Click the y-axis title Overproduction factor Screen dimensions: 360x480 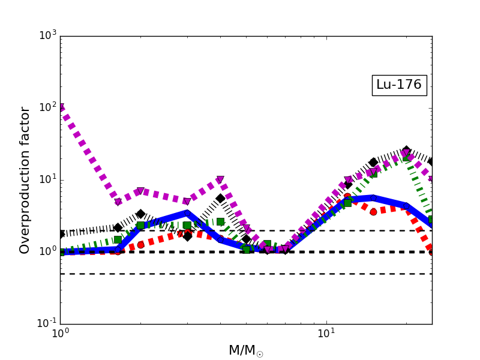click(x=25, y=180)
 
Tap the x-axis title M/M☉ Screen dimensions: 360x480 click(x=246, y=350)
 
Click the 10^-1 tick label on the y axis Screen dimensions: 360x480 click(x=47, y=324)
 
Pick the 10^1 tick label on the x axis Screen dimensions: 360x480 click(x=326, y=334)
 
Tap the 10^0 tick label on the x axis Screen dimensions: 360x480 click(x=60, y=334)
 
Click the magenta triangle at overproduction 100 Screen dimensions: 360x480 click(x=61, y=107)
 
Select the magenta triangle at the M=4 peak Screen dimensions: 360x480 click(x=220, y=180)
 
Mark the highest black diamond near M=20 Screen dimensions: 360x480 click(x=406, y=150)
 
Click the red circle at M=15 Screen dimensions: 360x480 click(x=373, y=212)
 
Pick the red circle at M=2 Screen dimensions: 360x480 click(x=140, y=245)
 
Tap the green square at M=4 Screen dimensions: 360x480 click(x=220, y=221)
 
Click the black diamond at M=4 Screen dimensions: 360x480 click(x=220, y=198)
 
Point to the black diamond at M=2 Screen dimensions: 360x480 click(x=140, y=214)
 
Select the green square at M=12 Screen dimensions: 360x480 click(x=347, y=203)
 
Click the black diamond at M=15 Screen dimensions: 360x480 click(x=373, y=162)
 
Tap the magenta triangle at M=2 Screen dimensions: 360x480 click(x=140, y=191)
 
